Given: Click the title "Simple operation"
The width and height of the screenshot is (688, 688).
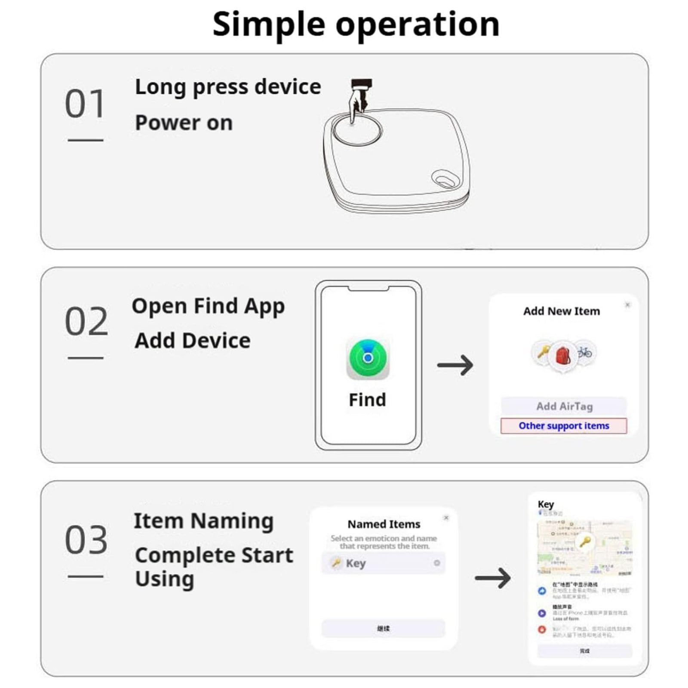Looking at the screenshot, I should tap(356, 24).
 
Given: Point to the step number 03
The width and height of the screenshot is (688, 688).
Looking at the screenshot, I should tap(86, 540).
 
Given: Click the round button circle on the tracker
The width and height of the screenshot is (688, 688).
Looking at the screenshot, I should tap(357, 130).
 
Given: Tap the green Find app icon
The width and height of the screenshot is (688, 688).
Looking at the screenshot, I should tap(368, 359).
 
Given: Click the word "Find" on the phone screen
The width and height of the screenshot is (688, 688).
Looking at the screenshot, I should tap(367, 400).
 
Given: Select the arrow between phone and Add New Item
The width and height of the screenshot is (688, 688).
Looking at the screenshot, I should tap(455, 365).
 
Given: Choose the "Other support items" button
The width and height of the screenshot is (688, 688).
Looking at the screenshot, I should tap(563, 426).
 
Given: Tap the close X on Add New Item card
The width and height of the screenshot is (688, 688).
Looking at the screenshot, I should tap(627, 305).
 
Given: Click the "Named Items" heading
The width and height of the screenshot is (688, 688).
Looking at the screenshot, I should tap(384, 524).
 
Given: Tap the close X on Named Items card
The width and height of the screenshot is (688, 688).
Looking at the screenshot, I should tap(446, 518).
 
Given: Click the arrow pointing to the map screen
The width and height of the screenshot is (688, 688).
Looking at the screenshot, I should tap(493, 577).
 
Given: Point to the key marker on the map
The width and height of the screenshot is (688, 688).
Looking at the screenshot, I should tap(585, 541).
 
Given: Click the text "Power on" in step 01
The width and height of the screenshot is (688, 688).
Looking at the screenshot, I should tap(184, 123).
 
